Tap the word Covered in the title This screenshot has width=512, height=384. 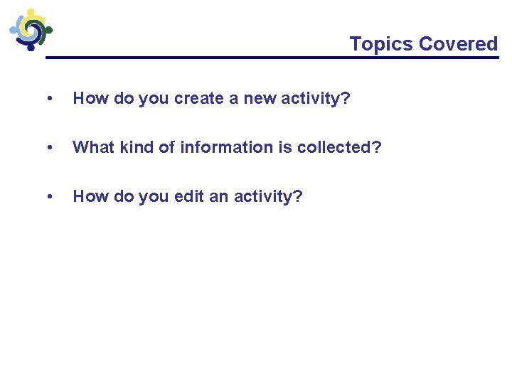coord(458,44)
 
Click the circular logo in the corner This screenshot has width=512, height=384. coord(30,28)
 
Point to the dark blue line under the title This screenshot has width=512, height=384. coord(270,58)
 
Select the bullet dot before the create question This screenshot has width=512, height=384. coord(48,98)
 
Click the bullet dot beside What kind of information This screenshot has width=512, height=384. coord(48,147)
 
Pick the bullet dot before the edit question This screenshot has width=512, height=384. coord(48,196)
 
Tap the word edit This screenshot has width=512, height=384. coord(189,196)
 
